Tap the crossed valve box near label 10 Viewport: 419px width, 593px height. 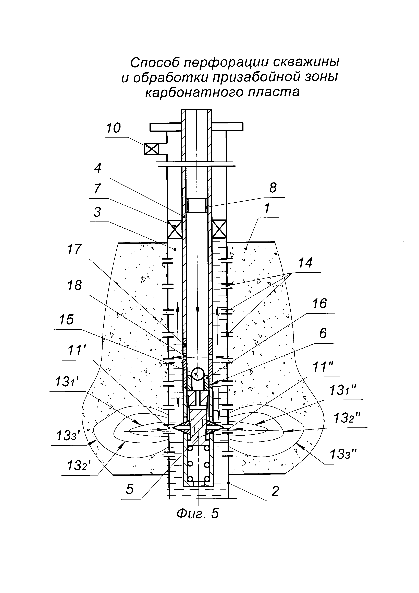pos(151,149)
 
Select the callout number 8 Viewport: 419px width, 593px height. pos(273,188)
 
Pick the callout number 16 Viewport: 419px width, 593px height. pos(320,304)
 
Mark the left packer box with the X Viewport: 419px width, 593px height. pos(175,229)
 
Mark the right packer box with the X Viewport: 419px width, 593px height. pos(220,229)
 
